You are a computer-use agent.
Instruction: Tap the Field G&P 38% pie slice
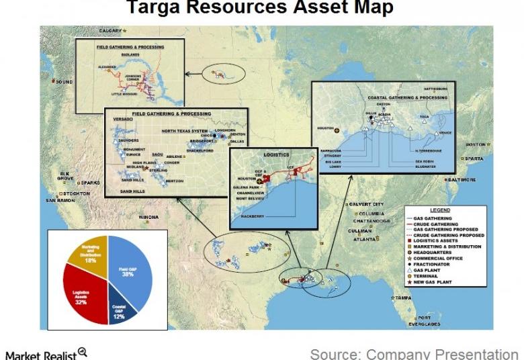pos(132,272)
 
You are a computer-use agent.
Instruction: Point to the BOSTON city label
pos(475,144)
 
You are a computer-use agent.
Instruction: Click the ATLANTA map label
pos(365,239)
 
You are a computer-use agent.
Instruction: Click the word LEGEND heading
pos(440,210)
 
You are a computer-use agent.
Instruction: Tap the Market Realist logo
pos(45,353)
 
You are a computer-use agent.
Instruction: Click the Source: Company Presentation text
pos(414,353)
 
